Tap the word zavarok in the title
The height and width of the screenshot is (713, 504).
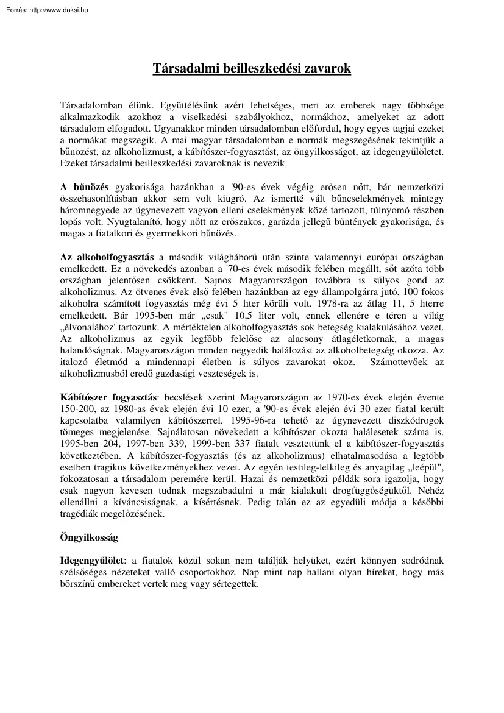click(330, 69)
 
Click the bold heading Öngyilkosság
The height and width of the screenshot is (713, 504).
click(89, 538)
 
